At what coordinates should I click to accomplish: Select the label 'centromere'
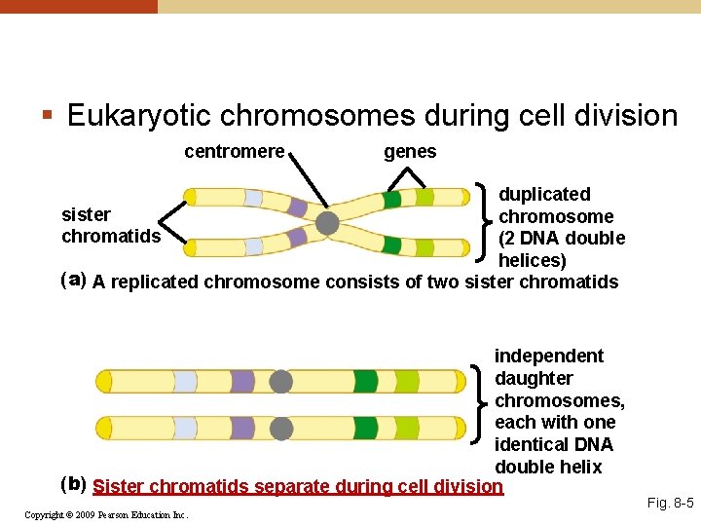(234, 152)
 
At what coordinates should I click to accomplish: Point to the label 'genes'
(410, 152)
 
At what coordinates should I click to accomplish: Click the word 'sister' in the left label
(86, 214)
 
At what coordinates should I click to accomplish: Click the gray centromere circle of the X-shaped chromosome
(327, 224)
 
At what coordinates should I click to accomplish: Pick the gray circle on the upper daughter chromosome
(280, 381)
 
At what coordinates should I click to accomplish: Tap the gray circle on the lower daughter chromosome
(280, 428)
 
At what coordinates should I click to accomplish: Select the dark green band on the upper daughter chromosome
(365, 381)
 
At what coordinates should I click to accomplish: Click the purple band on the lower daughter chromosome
(242, 428)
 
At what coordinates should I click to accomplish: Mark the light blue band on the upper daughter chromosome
(185, 381)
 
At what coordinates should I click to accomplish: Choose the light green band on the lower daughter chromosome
(406, 428)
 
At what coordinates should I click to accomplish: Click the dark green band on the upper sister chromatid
(390, 200)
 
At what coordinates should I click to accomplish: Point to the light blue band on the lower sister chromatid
(253, 246)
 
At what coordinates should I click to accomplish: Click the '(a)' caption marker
(73, 281)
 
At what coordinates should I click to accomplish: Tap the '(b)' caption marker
(73, 484)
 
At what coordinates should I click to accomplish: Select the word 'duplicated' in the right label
(544, 195)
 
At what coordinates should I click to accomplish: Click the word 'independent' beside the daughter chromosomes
(548, 357)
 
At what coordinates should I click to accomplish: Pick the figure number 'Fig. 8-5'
(670, 504)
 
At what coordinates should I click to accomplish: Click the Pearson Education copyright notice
(106, 514)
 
